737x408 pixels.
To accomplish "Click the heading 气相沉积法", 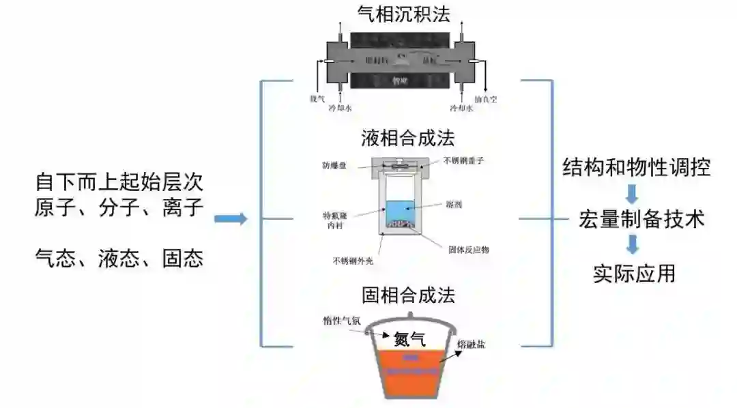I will pyautogui.click(x=405, y=14).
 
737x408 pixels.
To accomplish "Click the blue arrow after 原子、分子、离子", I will pyautogui.click(x=230, y=219).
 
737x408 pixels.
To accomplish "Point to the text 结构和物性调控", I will pyautogui.click(x=636, y=167).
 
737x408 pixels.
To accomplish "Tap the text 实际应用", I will pyautogui.click(x=634, y=274).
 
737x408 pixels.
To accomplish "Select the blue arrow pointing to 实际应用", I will pyautogui.click(x=633, y=245).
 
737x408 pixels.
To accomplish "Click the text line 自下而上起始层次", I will pyautogui.click(x=119, y=182).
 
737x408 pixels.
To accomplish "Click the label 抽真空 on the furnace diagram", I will pyautogui.click(x=485, y=100).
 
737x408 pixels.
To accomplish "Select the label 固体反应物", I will pyautogui.click(x=469, y=249).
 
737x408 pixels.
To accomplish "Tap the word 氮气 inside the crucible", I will pyautogui.click(x=409, y=338).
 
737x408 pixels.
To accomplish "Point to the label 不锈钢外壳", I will pyautogui.click(x=353, y=260).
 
